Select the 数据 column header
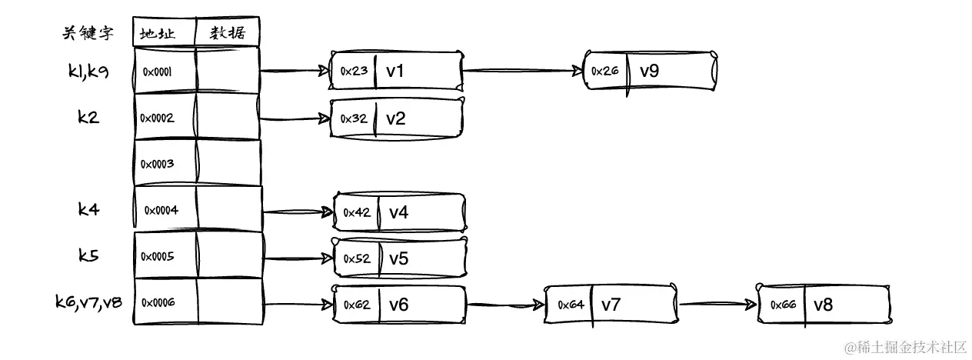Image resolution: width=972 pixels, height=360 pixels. pos(228,32)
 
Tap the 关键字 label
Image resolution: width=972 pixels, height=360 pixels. pos(88,32)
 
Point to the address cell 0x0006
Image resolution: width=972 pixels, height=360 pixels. pos(158,302)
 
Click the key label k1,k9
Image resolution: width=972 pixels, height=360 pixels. pos(88,72)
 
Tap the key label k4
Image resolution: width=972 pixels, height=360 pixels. pos(88,209)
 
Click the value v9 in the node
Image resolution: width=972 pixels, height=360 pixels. pos(650,71)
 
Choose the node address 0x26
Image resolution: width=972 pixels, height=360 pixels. pos(604,71)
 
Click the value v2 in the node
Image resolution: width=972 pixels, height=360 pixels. pos(395,118)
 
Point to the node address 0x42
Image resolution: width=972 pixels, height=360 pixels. pos(357,212)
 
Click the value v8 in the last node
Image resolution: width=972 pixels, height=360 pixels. pos(823,304)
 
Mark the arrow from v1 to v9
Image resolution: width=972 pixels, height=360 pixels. pos(522,71)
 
